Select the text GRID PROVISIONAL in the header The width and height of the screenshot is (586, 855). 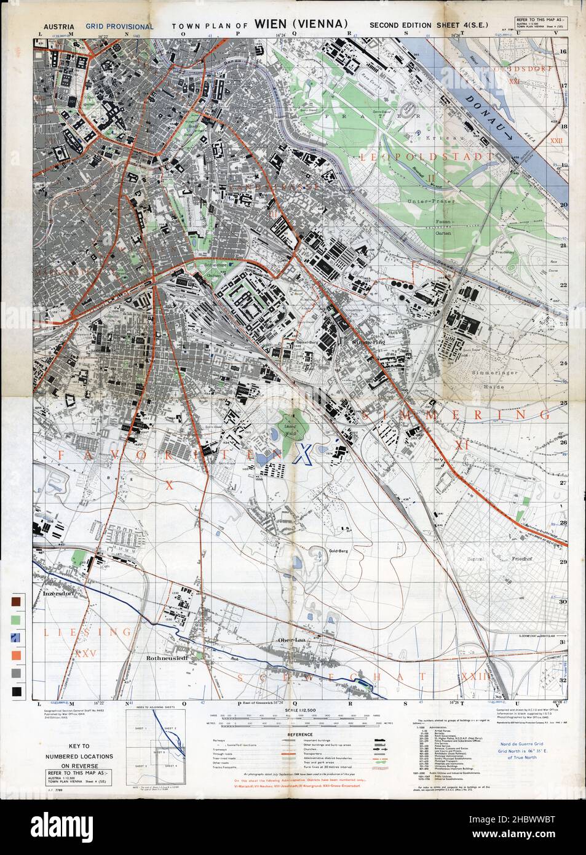click(x=120, y=26)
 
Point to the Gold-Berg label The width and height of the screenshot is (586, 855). click(x=339, y=551)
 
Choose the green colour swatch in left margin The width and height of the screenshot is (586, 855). click(x=15, y=618)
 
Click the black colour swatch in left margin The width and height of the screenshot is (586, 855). click(x=15, y=693)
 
